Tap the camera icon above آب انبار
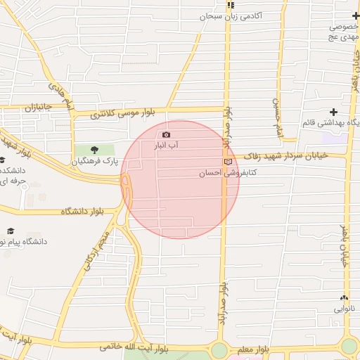tap(167, 134)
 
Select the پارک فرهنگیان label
tap(95, 161)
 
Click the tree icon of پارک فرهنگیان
tap(95, 150)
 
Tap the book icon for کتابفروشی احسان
tap(227, 162)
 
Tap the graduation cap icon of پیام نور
tap(11, 231)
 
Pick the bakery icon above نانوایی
tap(343, 297)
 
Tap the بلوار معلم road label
tap(254, 349)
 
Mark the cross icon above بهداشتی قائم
tap(333, 112)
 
